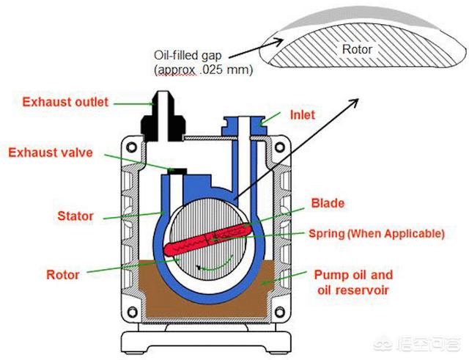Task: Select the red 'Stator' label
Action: tap(75, 216)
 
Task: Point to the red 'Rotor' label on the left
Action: tap(62, 275)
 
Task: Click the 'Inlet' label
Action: tap(302, 115)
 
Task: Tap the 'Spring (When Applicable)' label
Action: tap(376, 234)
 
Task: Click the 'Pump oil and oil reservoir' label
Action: tap(353, 282)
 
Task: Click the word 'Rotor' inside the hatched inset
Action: tap(357, 49)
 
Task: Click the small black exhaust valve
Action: tap(176, 171)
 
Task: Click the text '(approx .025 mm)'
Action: tap(203, 70)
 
